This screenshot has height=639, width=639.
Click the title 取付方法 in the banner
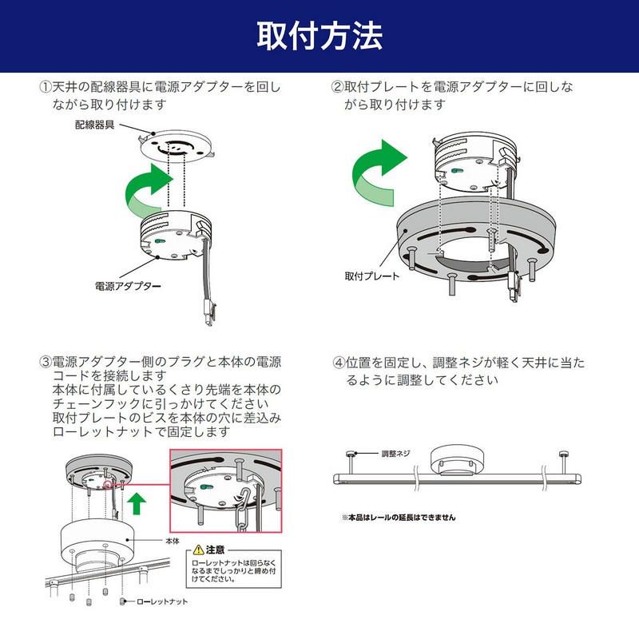click(x=319, y=36)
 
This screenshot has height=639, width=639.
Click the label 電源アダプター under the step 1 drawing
click(x=129, y=285)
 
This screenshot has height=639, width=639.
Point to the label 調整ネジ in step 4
click(x=395, y=453)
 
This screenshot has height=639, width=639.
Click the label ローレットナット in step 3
click(x=164, y=601)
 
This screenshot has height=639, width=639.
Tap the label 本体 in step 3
click(x=173, y=541)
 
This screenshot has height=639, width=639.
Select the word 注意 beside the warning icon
click(x=216, y=550)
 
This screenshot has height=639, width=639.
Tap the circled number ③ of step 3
click(x=45, y=361)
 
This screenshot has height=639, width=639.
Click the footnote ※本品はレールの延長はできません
click(x=399, y=517)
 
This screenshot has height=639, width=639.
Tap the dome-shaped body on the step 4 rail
click(x=453, y=460)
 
